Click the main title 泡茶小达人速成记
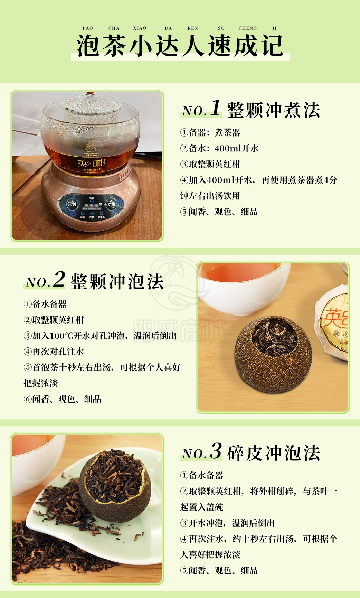(180, 46)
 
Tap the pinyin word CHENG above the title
(248, 28)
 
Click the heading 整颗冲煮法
(274, 110)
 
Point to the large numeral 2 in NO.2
(59, 279)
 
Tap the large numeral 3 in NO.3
(216, 451)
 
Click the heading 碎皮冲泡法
(274, 453)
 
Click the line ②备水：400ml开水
(219, 148)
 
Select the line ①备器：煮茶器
(210, 132)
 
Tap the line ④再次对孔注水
(54, 352)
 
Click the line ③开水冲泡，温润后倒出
(227, 523)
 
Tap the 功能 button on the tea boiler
(111, 204)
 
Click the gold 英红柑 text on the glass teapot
(91, 163)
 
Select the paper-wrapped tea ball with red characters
(332, 321)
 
